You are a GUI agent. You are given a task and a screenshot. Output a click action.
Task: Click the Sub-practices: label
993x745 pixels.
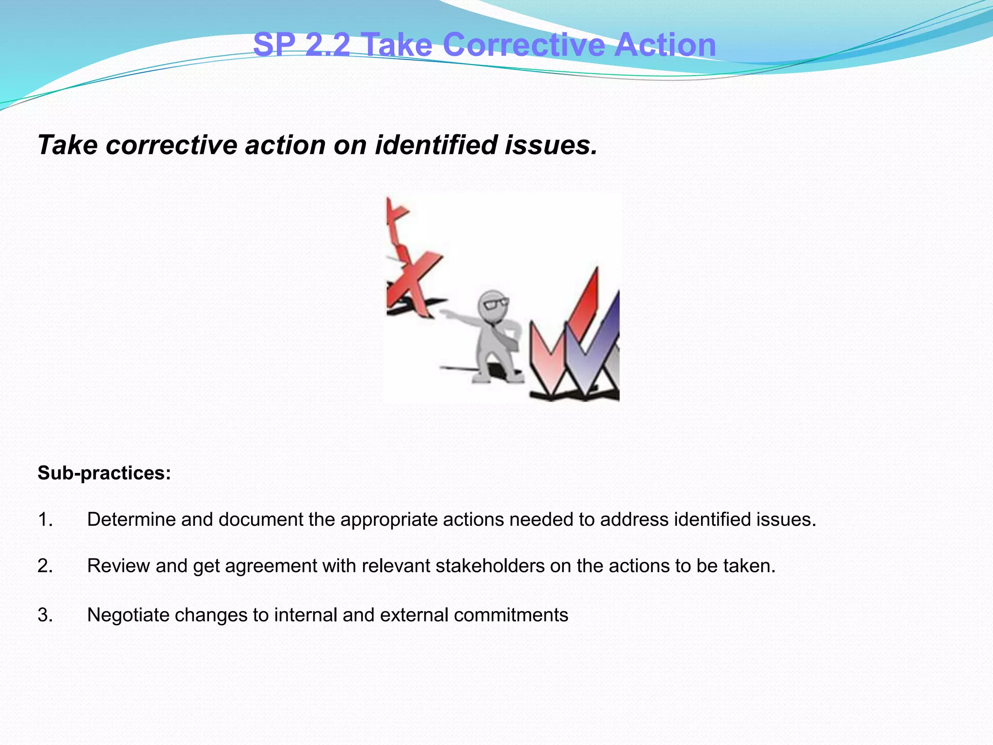pos(104,473)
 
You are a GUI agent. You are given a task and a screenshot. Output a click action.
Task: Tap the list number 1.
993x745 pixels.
pos(45,519)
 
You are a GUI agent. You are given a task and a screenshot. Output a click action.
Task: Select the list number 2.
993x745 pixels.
pos(45,566)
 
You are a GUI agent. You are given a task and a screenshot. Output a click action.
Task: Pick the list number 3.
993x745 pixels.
pos(45,615)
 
